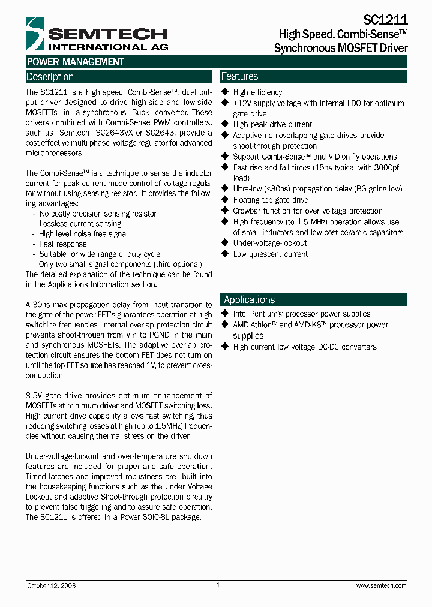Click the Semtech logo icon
tap(35, 35)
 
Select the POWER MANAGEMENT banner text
tap(75, 62)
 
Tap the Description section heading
tap(50, 77)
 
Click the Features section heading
tap(239, 76)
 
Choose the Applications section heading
tap(249, 299)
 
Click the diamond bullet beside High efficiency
tap(226, 92)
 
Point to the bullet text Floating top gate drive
tap(271, 200)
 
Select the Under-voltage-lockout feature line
tap(269, 243)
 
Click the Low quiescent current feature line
tap(270, 254)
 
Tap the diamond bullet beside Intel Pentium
tap(226, 314)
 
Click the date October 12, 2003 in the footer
tap(51, 585)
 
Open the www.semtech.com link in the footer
tap(381, 585)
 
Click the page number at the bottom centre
tap(218, 585)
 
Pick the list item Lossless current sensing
tap(80, 224)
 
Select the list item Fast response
tap(63, 244)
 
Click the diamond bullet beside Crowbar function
tap(226, 211)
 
